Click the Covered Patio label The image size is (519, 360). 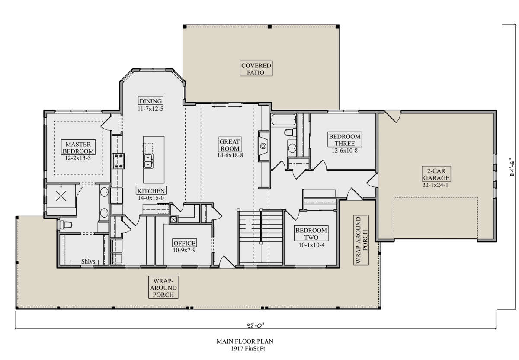[x=256, y=69]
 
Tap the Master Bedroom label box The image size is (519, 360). [x=78, y=147]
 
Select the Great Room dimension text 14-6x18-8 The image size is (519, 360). [x=230, y=155]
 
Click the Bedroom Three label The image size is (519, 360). [x=345, y=139]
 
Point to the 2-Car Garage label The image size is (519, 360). [x=436, y=174]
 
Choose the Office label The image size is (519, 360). [x=184, y=243]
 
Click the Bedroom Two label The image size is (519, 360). [x=311, y=233]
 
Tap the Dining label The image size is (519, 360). [x=151, y=101]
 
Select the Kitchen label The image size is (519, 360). [x=151, y=191]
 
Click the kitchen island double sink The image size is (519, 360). [x=148, y=161]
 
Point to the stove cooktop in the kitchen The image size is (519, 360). [x=119, y=161]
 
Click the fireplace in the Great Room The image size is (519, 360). [x=263, y=146]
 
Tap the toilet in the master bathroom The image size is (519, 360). [x=66, y=225]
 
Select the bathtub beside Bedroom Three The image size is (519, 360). [x=283, y=120]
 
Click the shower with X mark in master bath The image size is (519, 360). [x=61, y=196]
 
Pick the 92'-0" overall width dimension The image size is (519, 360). [x=256, y=325]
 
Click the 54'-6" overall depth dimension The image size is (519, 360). [x=513, y=167]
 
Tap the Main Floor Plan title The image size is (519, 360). [x=245, y=341]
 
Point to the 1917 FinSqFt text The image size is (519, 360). [x=248, y=349]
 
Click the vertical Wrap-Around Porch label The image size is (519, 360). [x=361, y=240]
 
